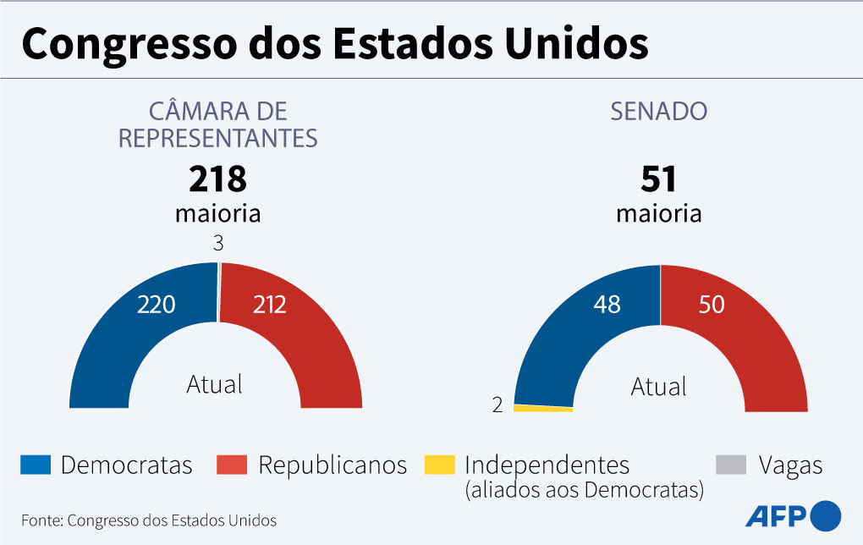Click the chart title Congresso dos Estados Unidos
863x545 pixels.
coord(334,45)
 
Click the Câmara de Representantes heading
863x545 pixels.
coord(217,124)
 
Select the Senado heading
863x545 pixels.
coord(659,111)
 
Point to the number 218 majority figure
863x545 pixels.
coord(217,179)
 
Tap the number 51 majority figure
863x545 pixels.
coord(658,179)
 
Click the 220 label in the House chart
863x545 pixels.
coord(156,305)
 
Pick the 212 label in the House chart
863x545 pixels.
coord(270,305)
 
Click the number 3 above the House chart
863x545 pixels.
coord(217,244)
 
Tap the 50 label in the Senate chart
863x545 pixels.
coord(712,305)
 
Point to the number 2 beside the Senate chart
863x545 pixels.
coord(497,405)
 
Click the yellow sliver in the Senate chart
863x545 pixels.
coord(543,408)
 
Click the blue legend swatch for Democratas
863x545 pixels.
coord(36,465)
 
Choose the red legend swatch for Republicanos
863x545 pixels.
coord(232,465)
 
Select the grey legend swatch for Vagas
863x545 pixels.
coord(731,465)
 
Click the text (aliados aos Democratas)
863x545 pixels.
coord(584,489)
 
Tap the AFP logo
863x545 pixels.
coord(793,515)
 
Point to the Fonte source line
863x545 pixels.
coord(149,520)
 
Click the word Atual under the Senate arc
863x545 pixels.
coord(658,388)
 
